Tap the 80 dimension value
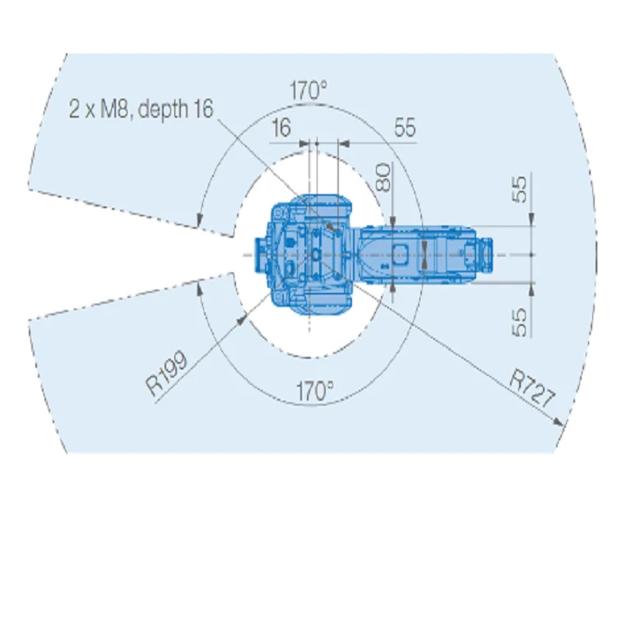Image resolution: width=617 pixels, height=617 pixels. tap(383, 178)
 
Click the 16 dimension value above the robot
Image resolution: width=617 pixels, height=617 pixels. tap(281, 128)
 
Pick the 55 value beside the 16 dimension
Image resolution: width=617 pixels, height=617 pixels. tap(405, 128)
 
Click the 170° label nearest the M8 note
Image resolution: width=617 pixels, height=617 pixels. tap(308, 90)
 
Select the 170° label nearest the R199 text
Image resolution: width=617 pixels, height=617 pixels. tap(314, 391)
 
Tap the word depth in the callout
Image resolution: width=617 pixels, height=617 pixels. tap(164, 109)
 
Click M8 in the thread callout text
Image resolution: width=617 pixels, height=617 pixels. tap(114, 109)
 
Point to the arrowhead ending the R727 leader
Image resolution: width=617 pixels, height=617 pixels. tap(558, 422)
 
